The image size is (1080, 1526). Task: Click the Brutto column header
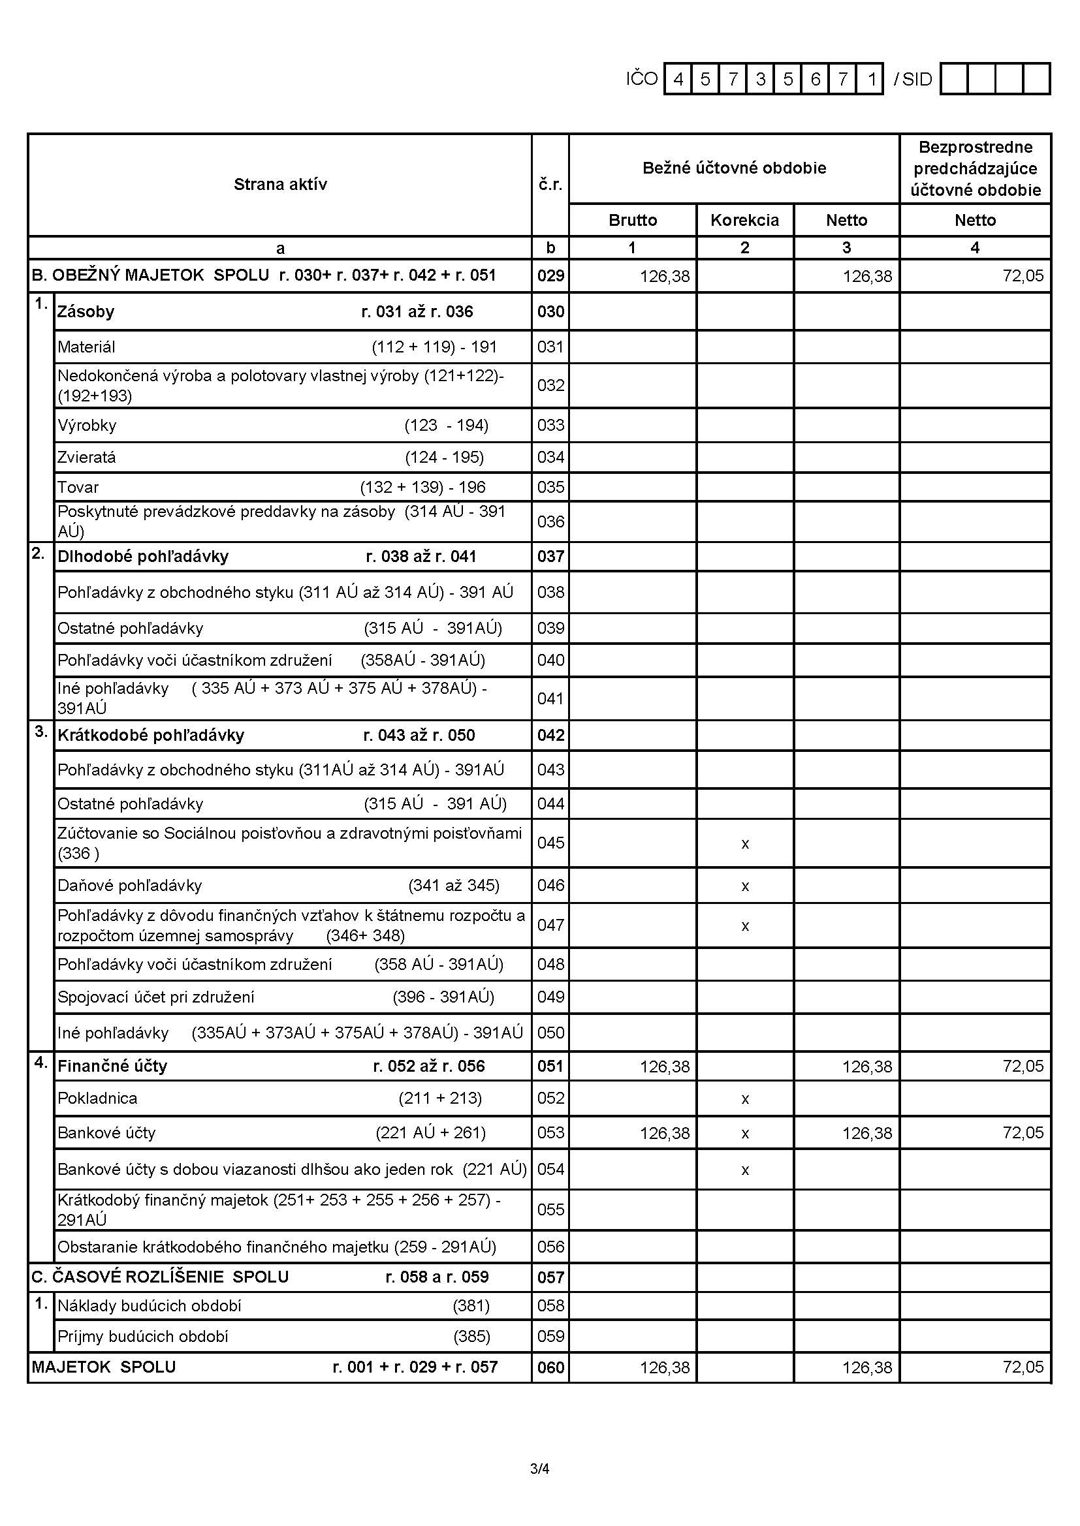click(633, 221)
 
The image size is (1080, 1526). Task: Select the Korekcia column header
click(744, 221)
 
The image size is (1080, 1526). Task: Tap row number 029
click(550, 276)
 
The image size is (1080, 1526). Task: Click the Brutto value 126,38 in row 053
click(664, 1133)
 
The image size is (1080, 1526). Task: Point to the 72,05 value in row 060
click(1023, 1367)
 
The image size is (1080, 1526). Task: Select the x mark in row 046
click(745, 886)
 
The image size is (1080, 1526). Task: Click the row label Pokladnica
click(97, 1098)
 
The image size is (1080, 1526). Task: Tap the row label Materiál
click(86, 347)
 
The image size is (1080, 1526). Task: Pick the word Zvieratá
click(86, 458)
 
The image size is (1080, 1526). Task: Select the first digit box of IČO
click(678, 80)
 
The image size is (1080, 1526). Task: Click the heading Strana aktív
click(280, 185)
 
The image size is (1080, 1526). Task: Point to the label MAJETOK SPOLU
click(104, 1367)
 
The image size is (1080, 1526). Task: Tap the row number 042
click(550, 736)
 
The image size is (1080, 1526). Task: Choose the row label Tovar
click(78, 487)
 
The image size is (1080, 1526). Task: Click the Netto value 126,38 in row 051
click(866, 1067)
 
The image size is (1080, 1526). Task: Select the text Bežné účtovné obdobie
click(734, 168)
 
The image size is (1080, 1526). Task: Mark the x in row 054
click(745, 1170)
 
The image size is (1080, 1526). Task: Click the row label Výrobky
click(86, 426)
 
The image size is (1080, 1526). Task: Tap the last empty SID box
click(1036, 80)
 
